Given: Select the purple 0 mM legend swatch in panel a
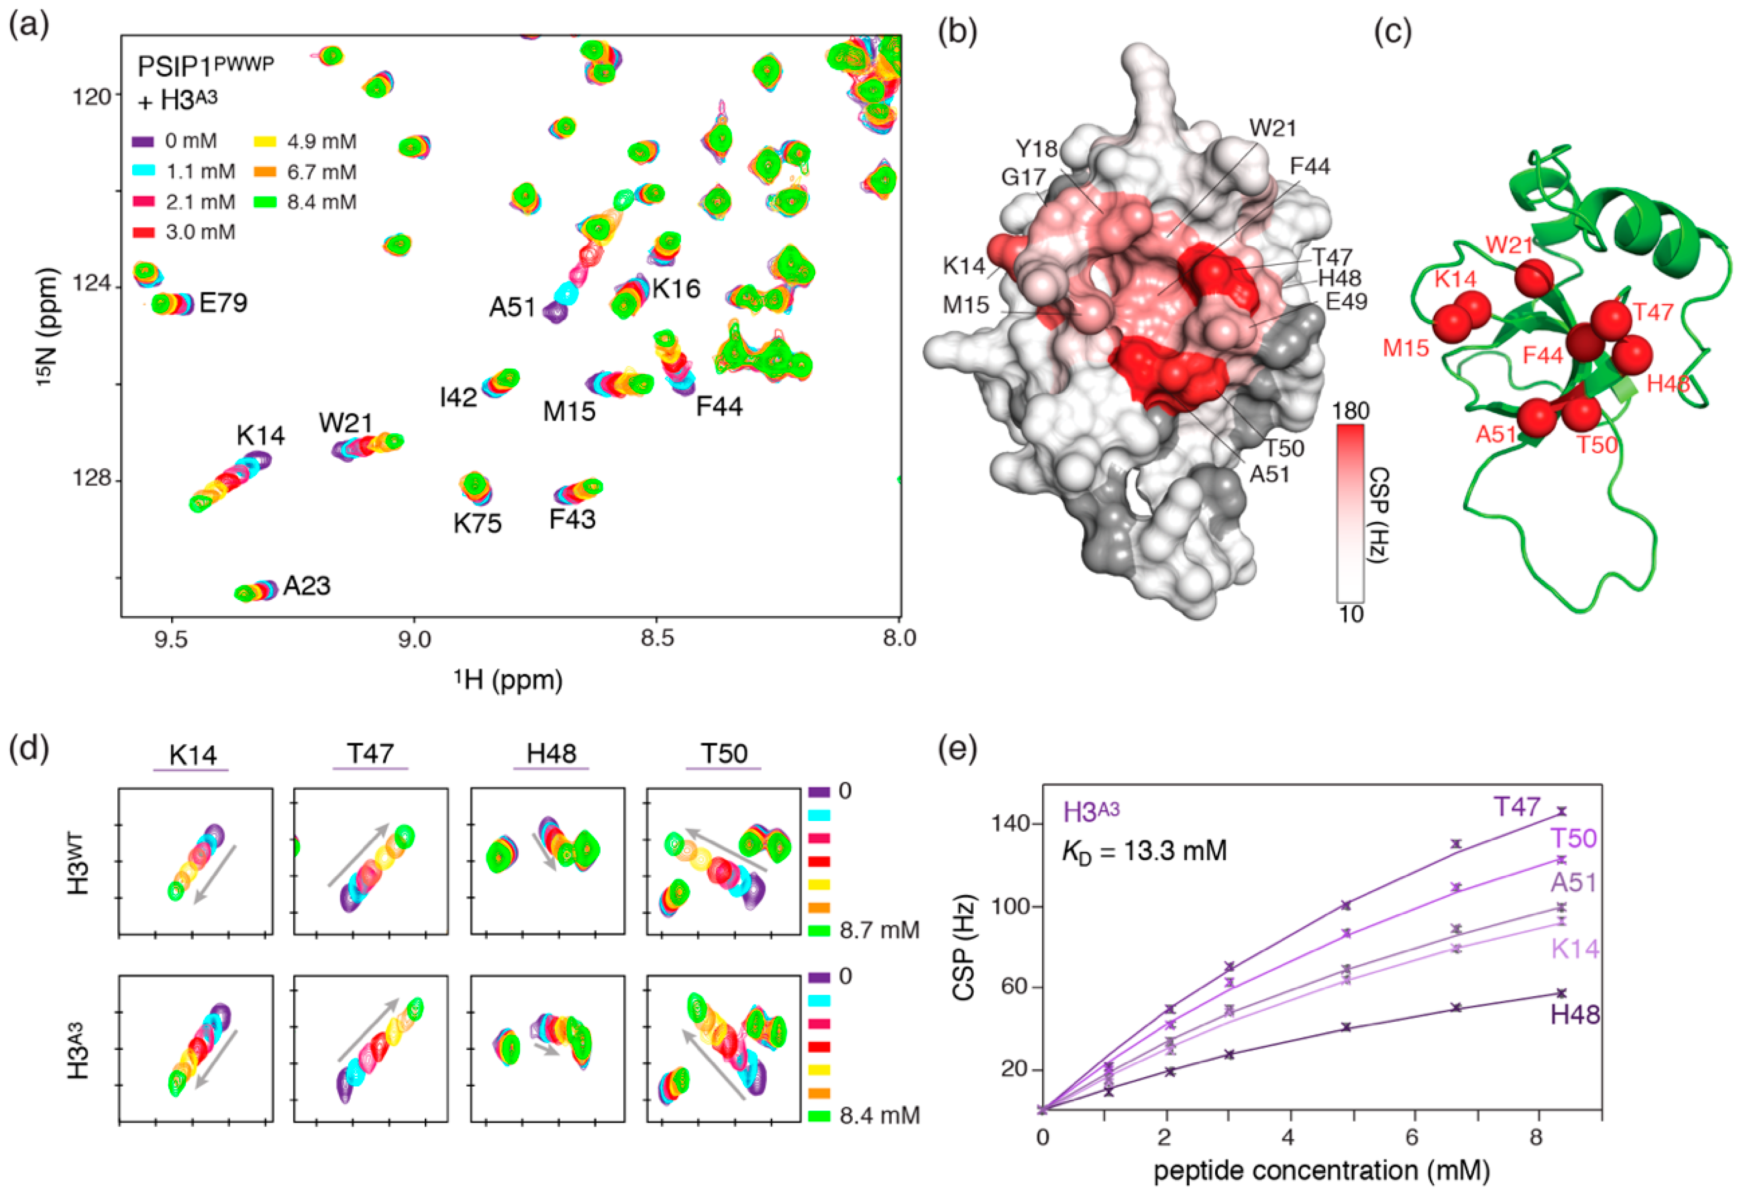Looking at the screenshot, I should (x=143, y=142).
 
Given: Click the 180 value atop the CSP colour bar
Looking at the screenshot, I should (x=1351, y=411).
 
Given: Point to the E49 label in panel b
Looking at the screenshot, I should (x=1346, y=301).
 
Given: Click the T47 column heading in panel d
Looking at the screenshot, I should (x=370, y=753).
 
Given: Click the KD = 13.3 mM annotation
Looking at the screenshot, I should (x=1144, y=851).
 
